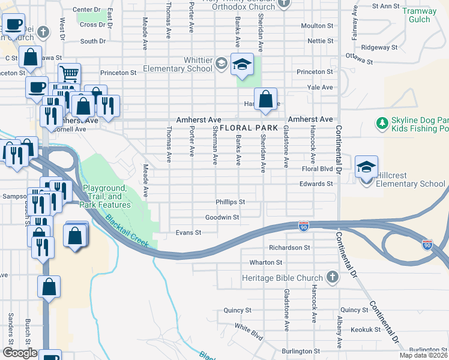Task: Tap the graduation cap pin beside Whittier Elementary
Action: coord(242,65)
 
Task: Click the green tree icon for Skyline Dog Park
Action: coord(381,124)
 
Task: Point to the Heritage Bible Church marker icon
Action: coord(333,277)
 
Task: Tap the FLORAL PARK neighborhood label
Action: coord(249,128)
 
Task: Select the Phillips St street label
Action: coord(231,202)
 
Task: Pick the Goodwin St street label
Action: coord(222,217)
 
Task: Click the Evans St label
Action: coord(188,233)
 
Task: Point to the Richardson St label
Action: coord(289,247)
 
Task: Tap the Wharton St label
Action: coord(265,263)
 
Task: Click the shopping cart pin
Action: coord(70,74)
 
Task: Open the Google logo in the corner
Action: coord(19,353)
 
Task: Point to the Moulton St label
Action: coord(317,26)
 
